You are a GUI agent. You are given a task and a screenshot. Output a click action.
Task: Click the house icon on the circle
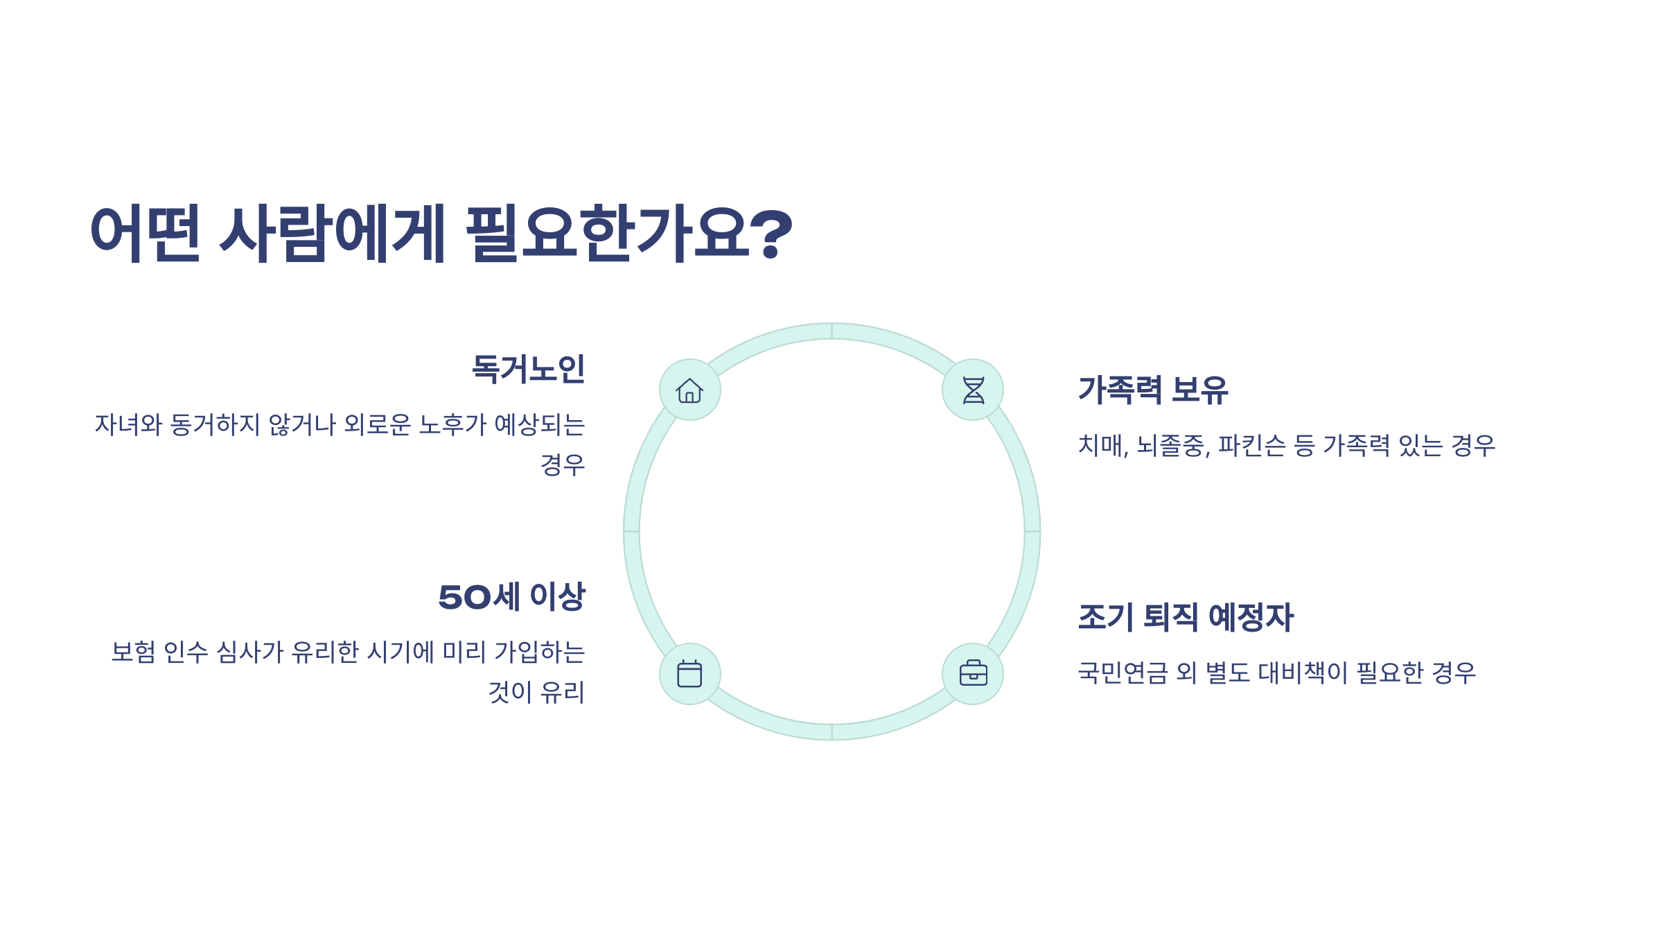pyautogui.click(x=689, y=390)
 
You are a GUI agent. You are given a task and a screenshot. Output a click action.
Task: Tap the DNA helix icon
pyautogui.click(x=973, y=390)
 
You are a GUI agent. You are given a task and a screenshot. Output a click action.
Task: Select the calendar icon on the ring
pyautogui.click(x=689, y=674)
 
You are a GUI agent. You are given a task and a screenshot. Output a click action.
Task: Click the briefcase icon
pyautogui.click(x=973, y=674)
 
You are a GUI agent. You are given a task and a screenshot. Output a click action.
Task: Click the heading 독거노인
pyautogui.click(x=528, y=369)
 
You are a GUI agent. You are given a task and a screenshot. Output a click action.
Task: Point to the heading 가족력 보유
pyautogui.click(x=1153, y=390)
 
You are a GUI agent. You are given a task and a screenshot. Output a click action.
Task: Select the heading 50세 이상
pyautogui.click(x=512, y=597)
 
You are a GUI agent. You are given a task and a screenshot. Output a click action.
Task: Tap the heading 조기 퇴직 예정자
pyautogui.click(x=1186, y=617)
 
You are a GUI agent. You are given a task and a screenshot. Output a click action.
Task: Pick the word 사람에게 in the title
pyautogui.click(x=333, y=234)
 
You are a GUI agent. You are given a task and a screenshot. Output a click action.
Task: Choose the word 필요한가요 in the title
pyautogui.click(x=606, y=234)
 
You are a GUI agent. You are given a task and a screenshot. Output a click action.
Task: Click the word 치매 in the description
pyautogui.click(x=1102, y=446)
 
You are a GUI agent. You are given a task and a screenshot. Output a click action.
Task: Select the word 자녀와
pyautogui.click(x=128, y=425)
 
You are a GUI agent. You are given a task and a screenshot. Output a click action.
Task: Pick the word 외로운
pyautogui.click(x=377, y=425)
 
